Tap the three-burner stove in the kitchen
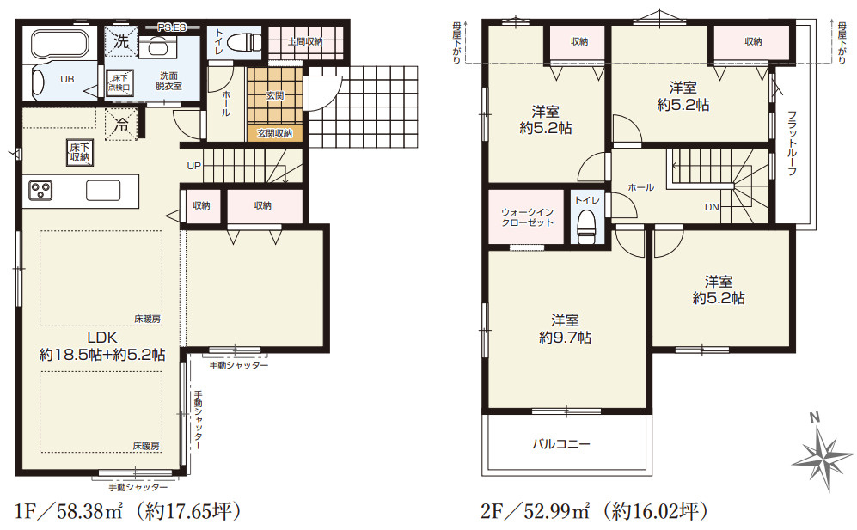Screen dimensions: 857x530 40,190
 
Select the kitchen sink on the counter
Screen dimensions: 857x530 103,191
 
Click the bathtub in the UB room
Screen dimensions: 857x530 58,45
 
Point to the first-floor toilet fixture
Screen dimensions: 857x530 244,41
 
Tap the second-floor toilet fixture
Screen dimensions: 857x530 586,225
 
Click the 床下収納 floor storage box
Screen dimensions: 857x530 80,152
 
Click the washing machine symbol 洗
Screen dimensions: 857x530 121,41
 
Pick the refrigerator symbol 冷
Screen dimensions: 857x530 121,125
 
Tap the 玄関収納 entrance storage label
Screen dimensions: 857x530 274,133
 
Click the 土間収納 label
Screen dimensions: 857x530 305,41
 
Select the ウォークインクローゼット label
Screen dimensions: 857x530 528,217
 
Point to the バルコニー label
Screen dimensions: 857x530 561,443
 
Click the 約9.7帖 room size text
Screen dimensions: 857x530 565,338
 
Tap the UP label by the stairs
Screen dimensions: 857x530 194,166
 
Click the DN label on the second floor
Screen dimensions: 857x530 712,207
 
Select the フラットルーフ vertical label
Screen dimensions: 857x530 792,143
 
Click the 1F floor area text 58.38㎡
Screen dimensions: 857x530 88,511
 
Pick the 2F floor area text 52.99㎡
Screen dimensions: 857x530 556,511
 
